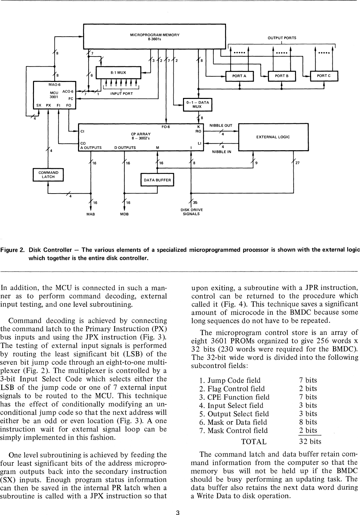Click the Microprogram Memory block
154,37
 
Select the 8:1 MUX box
118,73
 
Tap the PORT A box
239,76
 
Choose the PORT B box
282,76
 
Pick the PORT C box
324,76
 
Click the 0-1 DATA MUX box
198,105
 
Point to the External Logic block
273,137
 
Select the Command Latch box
48,175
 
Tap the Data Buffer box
157,180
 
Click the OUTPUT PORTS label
282,38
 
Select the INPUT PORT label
121,94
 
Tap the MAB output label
91,214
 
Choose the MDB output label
124,214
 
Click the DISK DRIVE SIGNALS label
191,212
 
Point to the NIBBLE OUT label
221,126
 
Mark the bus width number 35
195,202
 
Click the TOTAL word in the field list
254,442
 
